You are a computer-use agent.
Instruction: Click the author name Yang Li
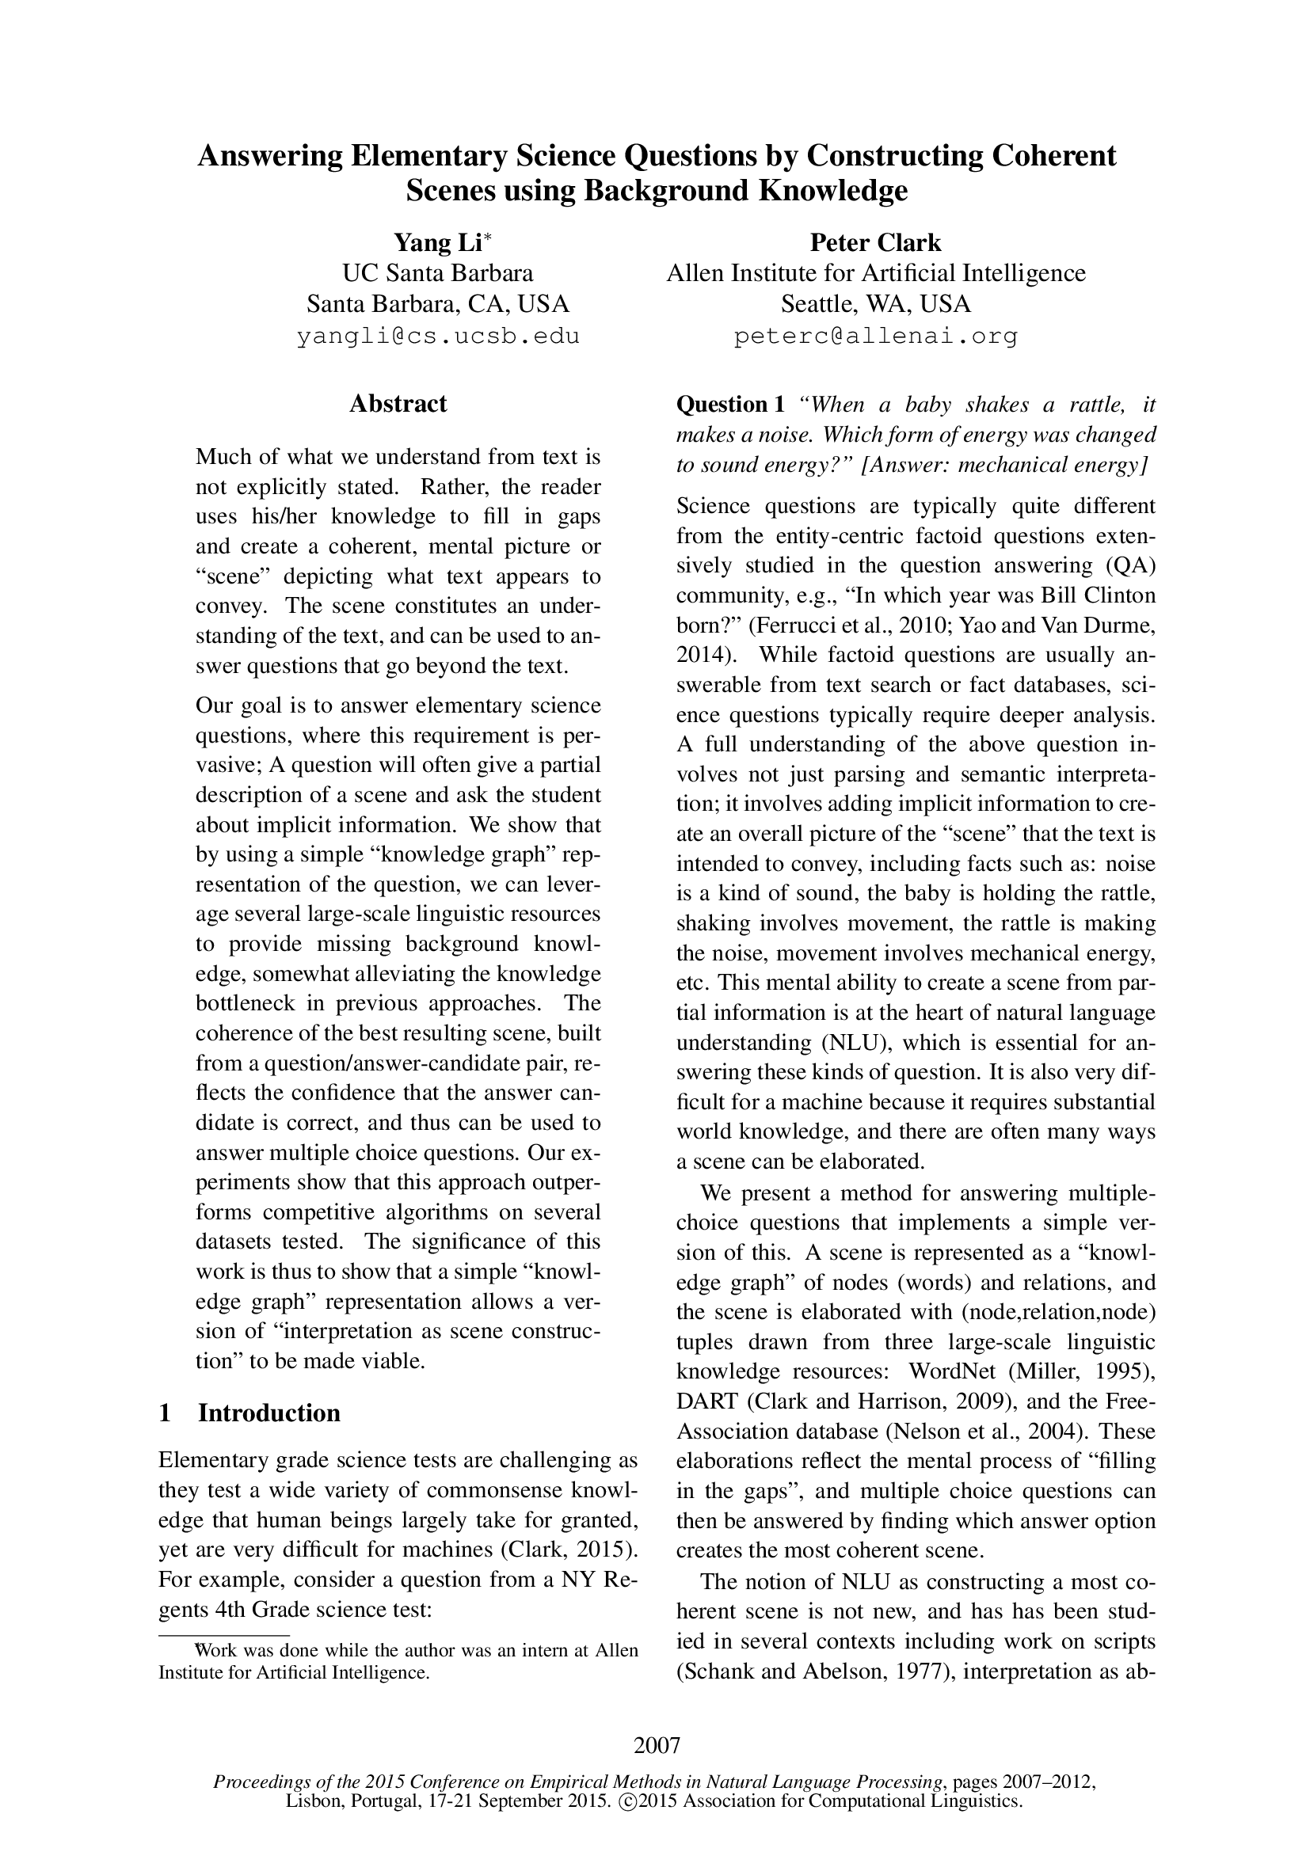436,243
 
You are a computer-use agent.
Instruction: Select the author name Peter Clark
875,243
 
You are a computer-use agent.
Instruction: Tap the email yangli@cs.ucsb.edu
438,337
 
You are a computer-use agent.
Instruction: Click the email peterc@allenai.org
875,337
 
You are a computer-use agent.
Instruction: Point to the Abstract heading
398,403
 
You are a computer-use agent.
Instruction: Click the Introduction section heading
268,1413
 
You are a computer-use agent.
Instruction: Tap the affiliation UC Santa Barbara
438,273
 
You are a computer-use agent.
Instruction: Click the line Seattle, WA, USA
875,304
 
